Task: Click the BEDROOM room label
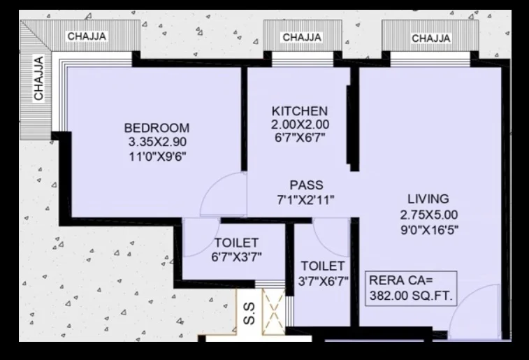point(157,128)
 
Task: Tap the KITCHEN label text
point(300,111)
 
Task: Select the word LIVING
point(428,199)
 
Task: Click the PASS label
point(306,185)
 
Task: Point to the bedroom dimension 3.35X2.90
point(157,142)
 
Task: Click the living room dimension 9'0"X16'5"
point(430,230)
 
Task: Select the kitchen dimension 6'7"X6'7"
point(300,138)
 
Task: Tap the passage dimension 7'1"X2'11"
point(305,200)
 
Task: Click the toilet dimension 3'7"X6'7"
point(324,281)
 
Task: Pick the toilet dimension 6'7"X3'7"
point(236,257)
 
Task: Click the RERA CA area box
point(411,288)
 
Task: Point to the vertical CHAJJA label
point(38,78)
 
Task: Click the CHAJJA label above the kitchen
point(302,37)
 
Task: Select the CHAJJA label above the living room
point(431,38)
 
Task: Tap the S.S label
point(249,313)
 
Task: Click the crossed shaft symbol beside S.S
point(274,311)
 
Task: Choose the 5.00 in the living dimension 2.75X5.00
point(445,215)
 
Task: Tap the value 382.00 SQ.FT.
point(411,296)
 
